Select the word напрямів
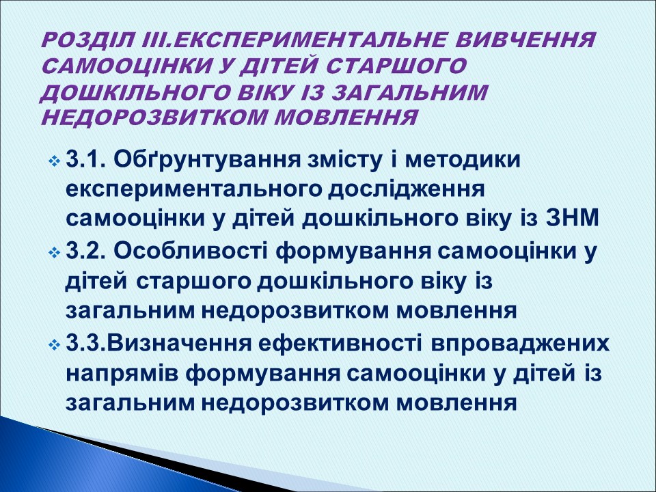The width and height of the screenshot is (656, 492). tap(120, 372)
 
